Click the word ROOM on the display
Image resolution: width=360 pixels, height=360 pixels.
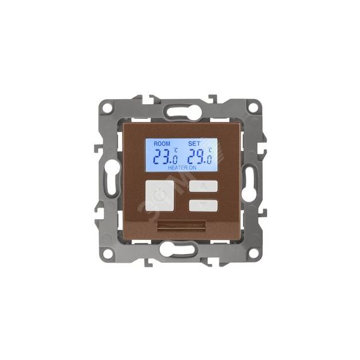pos(162,144)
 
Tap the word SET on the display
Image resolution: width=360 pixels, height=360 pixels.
pos(194,144)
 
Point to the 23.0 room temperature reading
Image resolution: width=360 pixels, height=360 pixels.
pos(165,157)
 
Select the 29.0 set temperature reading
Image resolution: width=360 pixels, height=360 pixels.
pos(200,157)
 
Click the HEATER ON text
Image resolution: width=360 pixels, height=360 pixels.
pos(182,168)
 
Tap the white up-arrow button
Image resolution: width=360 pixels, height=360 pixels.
pos(203,186)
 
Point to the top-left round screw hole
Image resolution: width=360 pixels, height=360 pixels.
pos(107,107)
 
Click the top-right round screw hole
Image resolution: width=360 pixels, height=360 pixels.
pos(253,107)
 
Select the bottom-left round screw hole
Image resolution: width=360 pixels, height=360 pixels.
pos(107,253)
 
